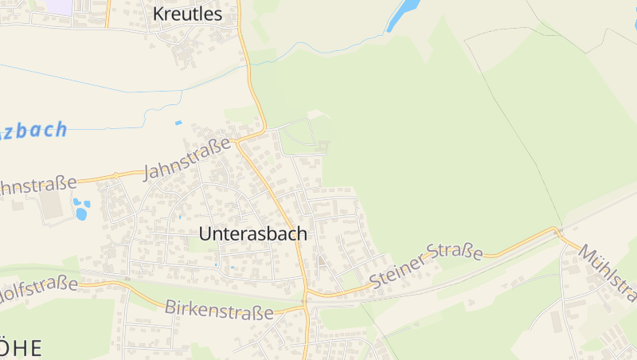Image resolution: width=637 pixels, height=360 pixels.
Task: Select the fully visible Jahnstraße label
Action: click(x=188, y=159)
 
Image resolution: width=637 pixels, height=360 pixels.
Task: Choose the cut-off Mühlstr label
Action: click(x=608, y=272)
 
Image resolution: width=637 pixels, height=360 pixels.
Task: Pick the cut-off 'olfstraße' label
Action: click(x=40, y=284)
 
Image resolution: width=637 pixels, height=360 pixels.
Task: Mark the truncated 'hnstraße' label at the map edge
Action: click(x=37, y=186)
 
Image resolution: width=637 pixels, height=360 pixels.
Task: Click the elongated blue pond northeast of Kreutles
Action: click(x=403, y=15)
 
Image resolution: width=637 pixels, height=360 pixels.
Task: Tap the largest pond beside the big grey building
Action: click(x=81, y=213)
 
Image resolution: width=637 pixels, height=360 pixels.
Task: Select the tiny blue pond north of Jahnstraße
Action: click(x=178, y=123)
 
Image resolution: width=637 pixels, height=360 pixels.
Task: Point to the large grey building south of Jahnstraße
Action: click(x=51, y=205)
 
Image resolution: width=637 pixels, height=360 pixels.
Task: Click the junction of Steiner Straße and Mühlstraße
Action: click(x=558, y=232)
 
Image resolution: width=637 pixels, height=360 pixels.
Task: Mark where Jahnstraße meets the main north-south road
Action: click(x=236, y=143)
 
